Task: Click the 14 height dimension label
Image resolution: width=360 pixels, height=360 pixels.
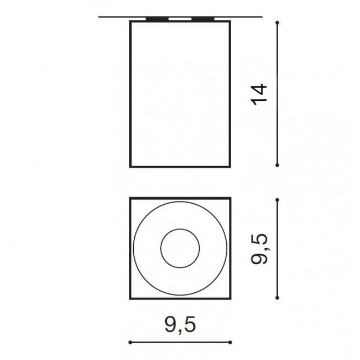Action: tap(259, 94)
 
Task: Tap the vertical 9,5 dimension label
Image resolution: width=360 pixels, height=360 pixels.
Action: tap(259, 249)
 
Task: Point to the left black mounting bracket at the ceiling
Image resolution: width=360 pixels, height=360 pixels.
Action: tap(157, 19)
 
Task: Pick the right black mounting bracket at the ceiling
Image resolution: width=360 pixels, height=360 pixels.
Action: tap(203, 19)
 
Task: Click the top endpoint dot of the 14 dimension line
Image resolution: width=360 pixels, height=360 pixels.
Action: tap(277, 23)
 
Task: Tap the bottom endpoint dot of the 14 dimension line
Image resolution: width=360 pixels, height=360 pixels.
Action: tap(277, 165)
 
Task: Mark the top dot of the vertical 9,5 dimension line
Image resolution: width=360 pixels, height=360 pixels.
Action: tap(277, 200)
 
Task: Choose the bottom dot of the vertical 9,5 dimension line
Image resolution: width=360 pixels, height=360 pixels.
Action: tap(277, 298)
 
